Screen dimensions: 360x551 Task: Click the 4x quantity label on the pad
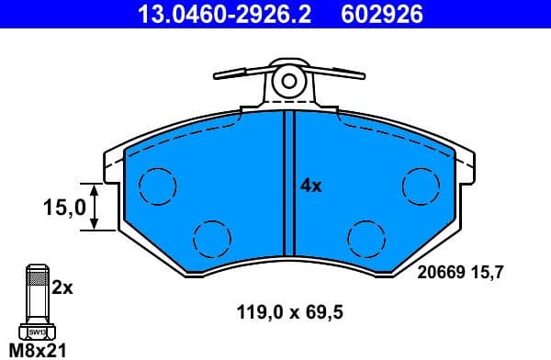point(311,185)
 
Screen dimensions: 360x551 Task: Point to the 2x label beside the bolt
point(62,287)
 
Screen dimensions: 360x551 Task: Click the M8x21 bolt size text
point(36,349)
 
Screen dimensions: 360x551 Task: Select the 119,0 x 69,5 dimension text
point(293,313)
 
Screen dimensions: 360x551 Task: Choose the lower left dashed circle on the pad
point(210,239)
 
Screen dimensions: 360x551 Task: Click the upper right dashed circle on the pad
point(421,186)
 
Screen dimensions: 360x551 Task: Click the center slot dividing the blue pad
point(288,184)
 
